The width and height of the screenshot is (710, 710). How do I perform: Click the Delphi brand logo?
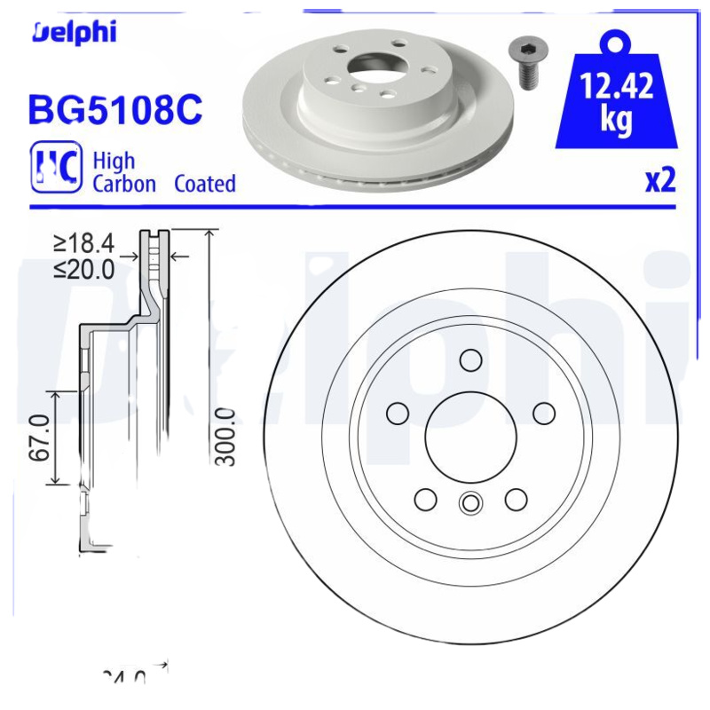[x=75, y=33]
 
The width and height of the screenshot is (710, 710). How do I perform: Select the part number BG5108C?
[x=116, y=109]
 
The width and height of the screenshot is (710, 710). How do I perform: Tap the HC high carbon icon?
[x=56, y=166]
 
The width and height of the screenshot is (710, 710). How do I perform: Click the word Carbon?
[x=124, y=185]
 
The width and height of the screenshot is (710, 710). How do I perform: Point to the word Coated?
[x=205, y=185]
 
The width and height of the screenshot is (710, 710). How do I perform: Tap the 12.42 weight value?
[x=617, y=87]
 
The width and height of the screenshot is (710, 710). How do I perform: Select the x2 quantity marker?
[x=659, y=180]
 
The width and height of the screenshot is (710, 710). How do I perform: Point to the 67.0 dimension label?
[x=38, y=437]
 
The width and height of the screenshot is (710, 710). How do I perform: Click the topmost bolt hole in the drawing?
[x=469, y=359]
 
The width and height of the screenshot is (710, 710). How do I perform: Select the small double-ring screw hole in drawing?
[x=469, y=503]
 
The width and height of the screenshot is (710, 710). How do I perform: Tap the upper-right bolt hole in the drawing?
[x=543, y=414]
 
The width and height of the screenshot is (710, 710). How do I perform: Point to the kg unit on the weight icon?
[x=616, y=120]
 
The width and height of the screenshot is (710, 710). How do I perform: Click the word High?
[x=114, y=161]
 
